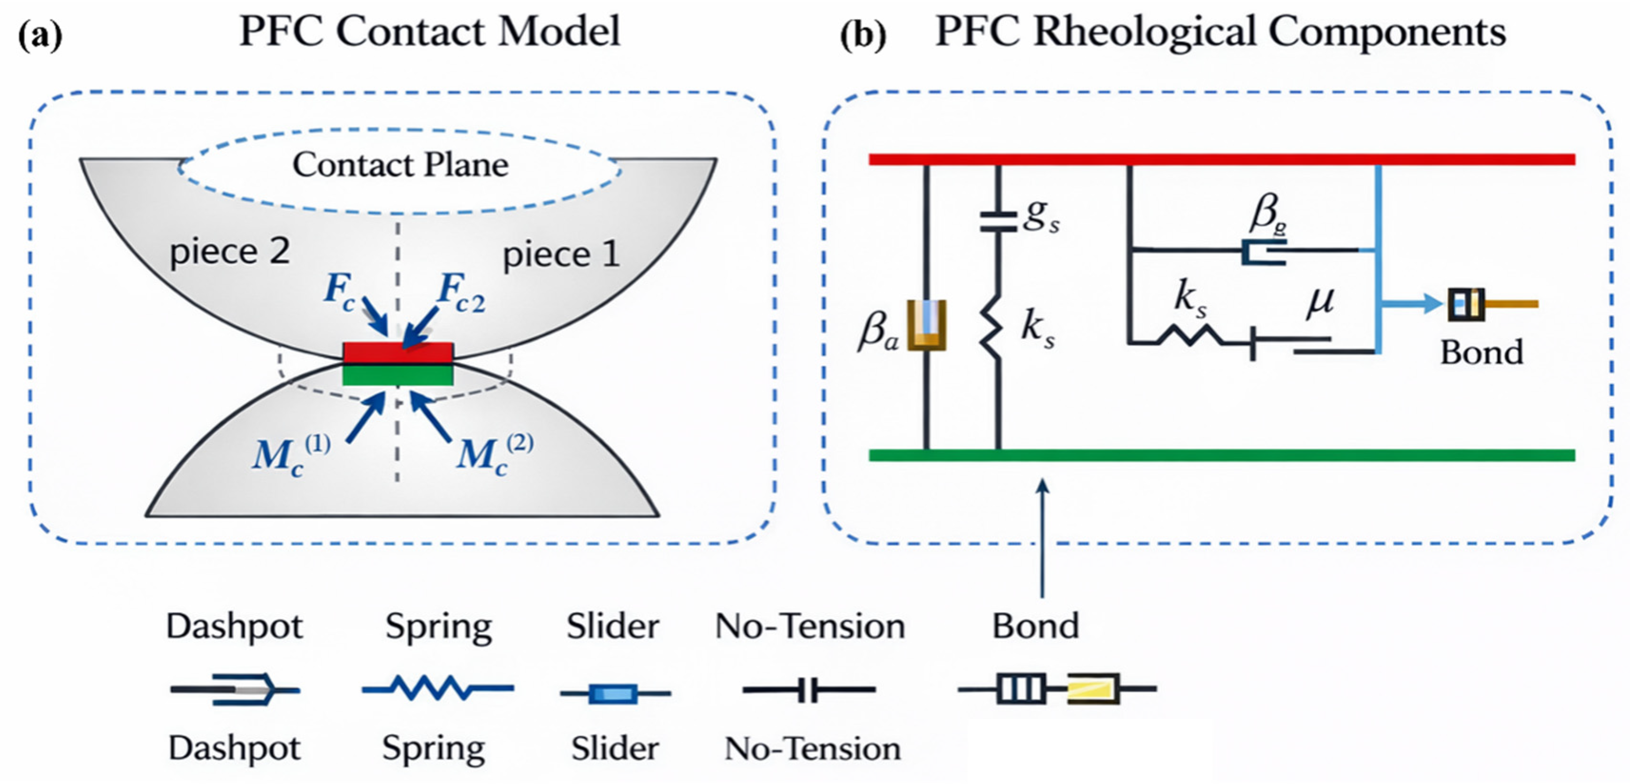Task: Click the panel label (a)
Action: click(x=40, y=35)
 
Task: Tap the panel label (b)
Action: click(x=863, y=35)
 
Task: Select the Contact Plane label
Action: click(x=400, y=165)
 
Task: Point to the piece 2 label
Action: click(x=230, y=251)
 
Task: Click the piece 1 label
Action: click(x=560, y=255)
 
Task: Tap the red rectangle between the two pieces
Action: click(x=398, y=353)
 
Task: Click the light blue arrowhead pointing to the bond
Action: click(x=1431, y=304)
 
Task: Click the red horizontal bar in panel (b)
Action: click(x=1221, y=159)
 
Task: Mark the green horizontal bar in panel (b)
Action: click(x=1221, y=455)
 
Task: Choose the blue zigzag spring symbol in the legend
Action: click(x=438, y=688)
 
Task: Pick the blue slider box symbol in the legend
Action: click(x=612, y=694)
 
